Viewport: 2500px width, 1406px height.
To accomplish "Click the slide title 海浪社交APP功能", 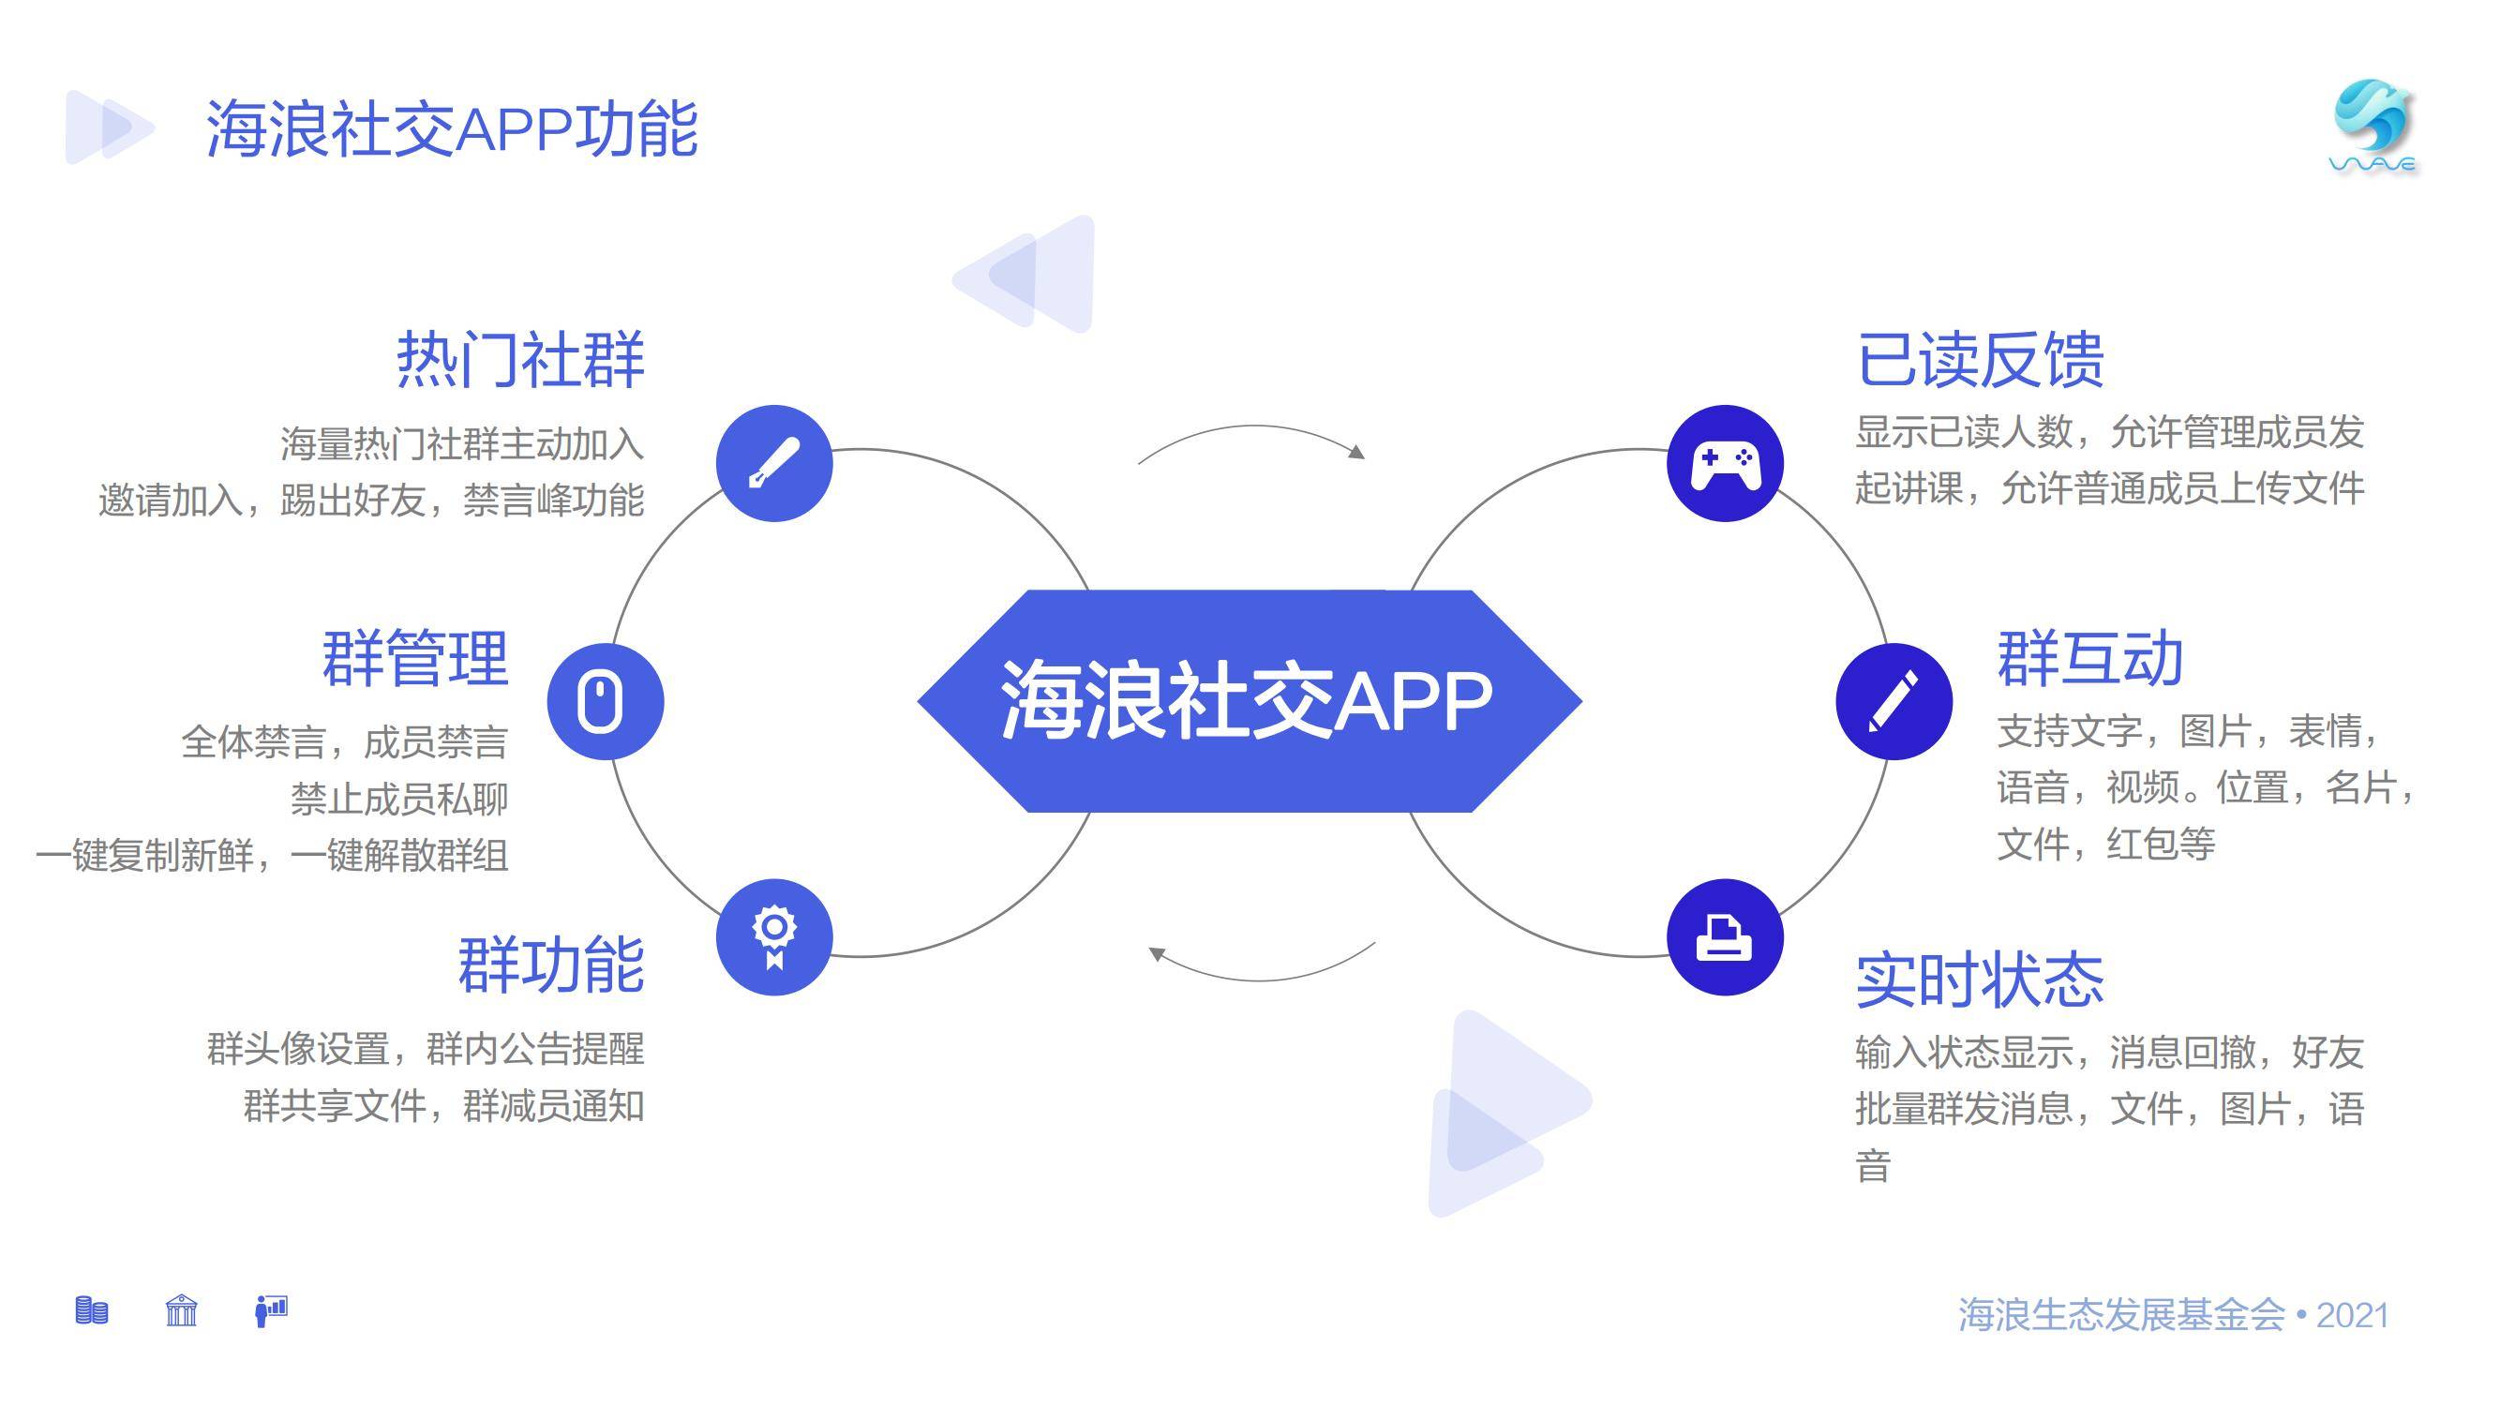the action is (x=452, y=128).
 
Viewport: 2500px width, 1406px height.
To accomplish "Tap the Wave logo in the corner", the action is (x=2373, y=127).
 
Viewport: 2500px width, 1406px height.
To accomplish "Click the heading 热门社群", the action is (x=520, y=360).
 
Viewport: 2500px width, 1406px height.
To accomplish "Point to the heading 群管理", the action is (x=415, y=659).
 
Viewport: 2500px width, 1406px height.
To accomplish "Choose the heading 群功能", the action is (x=551, y=965).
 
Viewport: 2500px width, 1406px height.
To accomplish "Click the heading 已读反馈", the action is (x=1980, y=360).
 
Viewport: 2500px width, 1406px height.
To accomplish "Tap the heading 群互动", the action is (x=2090, y=659).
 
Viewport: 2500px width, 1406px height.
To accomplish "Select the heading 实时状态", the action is (x=1980, y=980).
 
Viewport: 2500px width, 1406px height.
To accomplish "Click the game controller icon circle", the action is (x=1725, y=463).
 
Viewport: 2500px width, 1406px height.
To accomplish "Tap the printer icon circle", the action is (x=1725, y=937).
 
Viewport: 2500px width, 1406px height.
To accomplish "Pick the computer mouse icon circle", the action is (x=606, y=701).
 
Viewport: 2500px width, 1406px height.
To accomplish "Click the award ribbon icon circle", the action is (x=774, y=937).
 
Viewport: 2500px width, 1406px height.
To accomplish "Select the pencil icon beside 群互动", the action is (x=1894, y=701).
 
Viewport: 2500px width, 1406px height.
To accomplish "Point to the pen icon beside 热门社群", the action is (x=774, y=463).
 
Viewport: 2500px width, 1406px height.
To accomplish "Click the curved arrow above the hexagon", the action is (x=1252, y=426).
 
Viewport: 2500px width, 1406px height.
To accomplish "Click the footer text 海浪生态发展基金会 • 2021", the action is (x=2173, y=1316).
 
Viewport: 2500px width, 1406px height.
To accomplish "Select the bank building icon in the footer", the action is (x=182, y=1311).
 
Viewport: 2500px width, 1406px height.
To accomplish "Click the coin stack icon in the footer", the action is (x=92, y=1311).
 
